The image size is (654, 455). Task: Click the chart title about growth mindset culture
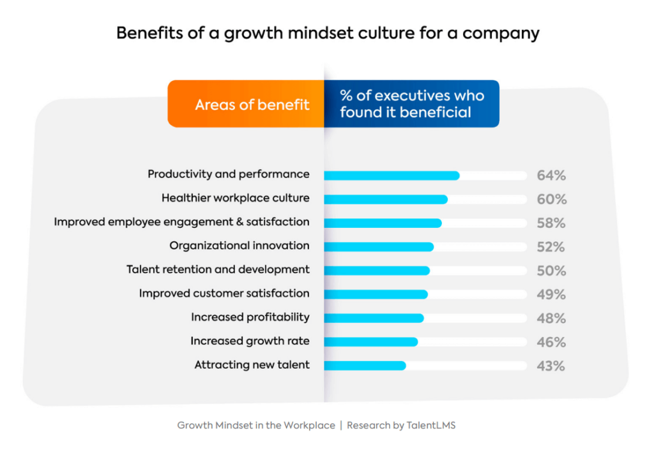click(327, 33)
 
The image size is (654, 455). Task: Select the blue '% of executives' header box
click(411, 104)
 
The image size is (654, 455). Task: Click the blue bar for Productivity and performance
click(392, 175)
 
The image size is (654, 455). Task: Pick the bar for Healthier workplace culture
click(386, 199)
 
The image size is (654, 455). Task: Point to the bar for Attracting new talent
click(365, 366)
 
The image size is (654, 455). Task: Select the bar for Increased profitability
click(374, 318)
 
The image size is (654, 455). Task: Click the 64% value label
click(551, 176)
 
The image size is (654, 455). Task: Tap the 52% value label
click(551, 247)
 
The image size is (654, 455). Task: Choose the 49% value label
click(551, 295)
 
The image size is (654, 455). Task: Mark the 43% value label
click(551, 366)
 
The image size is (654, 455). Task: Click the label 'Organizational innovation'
click(240, 246)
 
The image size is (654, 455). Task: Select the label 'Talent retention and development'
click(218, 269)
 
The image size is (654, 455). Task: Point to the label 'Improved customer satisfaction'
click(224, 294)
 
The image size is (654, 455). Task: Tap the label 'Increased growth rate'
click(250, 341)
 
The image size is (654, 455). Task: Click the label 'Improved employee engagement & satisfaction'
click(181, 222)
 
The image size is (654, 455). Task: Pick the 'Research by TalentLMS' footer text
click(401, 425)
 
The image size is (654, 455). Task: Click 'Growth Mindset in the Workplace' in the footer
click(256, 425)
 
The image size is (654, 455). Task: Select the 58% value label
click(551, 223)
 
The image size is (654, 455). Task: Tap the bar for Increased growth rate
click(370, 342)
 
